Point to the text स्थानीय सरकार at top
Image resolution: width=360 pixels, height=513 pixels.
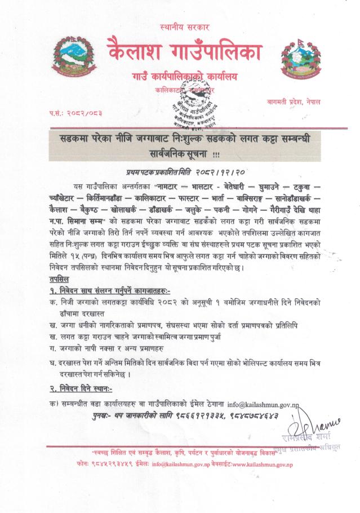[180, 27]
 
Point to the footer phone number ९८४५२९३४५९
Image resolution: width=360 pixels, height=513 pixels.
[107, 464]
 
